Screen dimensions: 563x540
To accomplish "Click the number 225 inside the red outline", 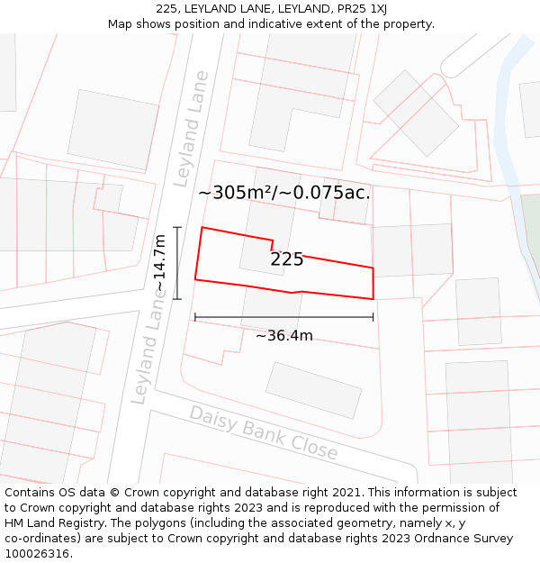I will coord(286,259).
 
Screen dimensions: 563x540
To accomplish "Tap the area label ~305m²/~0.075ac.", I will coord(283,192).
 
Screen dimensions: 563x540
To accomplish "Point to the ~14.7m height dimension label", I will coord(159,263).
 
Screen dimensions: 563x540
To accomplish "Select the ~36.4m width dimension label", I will coord(284,336).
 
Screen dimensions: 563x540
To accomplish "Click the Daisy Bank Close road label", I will coord(263,433).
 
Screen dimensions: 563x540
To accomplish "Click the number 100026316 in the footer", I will coord(37,554).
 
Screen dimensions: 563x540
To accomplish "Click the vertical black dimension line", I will coord(177,263).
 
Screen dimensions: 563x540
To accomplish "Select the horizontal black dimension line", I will coord(283,317).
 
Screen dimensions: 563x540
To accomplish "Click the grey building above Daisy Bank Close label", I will coord(313,390).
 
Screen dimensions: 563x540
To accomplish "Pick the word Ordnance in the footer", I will coord(446,539).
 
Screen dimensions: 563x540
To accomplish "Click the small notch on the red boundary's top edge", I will coord(273,244).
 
